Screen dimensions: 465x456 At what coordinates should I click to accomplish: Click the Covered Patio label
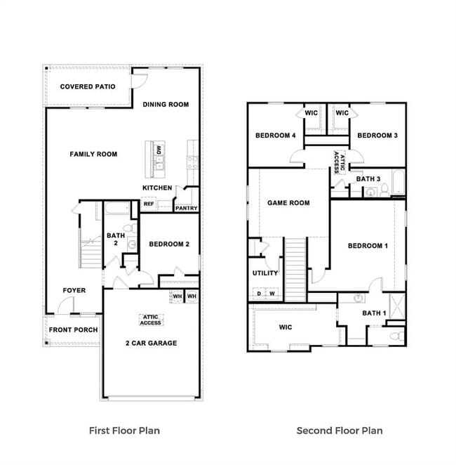click(x=88, y=87)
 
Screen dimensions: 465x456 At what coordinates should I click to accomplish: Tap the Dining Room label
click(x=166, y=105)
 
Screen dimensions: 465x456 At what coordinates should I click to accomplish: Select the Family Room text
click(x=93, y=154)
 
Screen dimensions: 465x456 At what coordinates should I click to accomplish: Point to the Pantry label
click(x=186, y=208)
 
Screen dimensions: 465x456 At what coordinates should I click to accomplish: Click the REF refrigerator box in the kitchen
click(x=149, y=204)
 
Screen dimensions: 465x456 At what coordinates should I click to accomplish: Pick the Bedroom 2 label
click(x=169, y=244)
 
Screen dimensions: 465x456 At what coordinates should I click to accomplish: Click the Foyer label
click(x=74, y=290)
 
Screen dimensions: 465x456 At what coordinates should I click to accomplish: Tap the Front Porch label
click(x=73, y=330)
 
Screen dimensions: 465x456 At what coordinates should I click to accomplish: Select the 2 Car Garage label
click(x=151, y=343)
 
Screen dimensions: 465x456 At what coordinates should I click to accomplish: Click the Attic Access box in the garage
click(x=151, y=320)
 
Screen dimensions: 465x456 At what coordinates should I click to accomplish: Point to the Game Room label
click(x=288, y=203)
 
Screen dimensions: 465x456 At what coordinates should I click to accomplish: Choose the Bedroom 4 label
click(x=275, y=136)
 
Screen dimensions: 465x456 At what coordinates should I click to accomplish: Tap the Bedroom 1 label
click(x=368, y=246)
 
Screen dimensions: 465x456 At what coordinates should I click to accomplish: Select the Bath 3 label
click(x=368, y=179)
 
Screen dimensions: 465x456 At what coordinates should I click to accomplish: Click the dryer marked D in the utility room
click(x=258, y=294)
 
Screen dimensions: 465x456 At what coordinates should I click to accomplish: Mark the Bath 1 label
click(x=373, y=313)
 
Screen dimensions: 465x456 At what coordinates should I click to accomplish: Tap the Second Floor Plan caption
click(x=340, y=431)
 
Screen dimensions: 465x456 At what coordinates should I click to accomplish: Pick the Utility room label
click(x=265, y=273)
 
